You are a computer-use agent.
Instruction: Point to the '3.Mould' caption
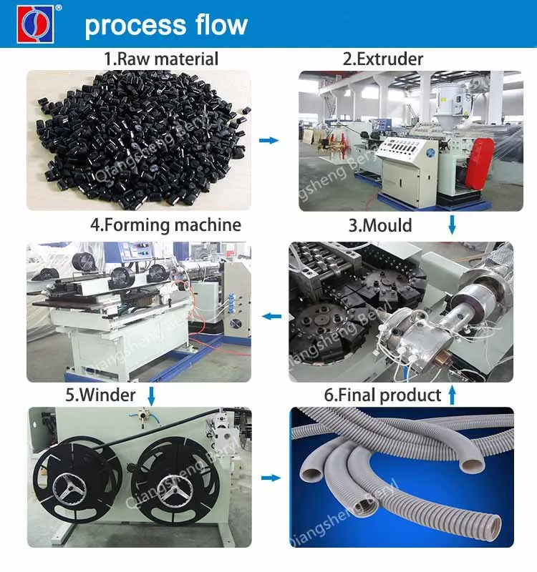tap(379, 226)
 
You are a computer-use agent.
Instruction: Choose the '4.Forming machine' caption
tap(165, 225)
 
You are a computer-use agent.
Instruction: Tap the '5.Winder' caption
tap(101, 394)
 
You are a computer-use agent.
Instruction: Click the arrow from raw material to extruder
tap(268, 141)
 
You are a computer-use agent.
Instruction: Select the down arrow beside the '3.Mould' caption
tap(452, 226)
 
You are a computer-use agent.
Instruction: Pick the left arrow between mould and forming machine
tap(270, 315)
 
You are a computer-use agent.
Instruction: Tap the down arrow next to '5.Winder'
tap(151, 394)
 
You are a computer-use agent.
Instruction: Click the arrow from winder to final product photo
tap(270, 478)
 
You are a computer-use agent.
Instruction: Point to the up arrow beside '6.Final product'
tap(452, 394)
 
